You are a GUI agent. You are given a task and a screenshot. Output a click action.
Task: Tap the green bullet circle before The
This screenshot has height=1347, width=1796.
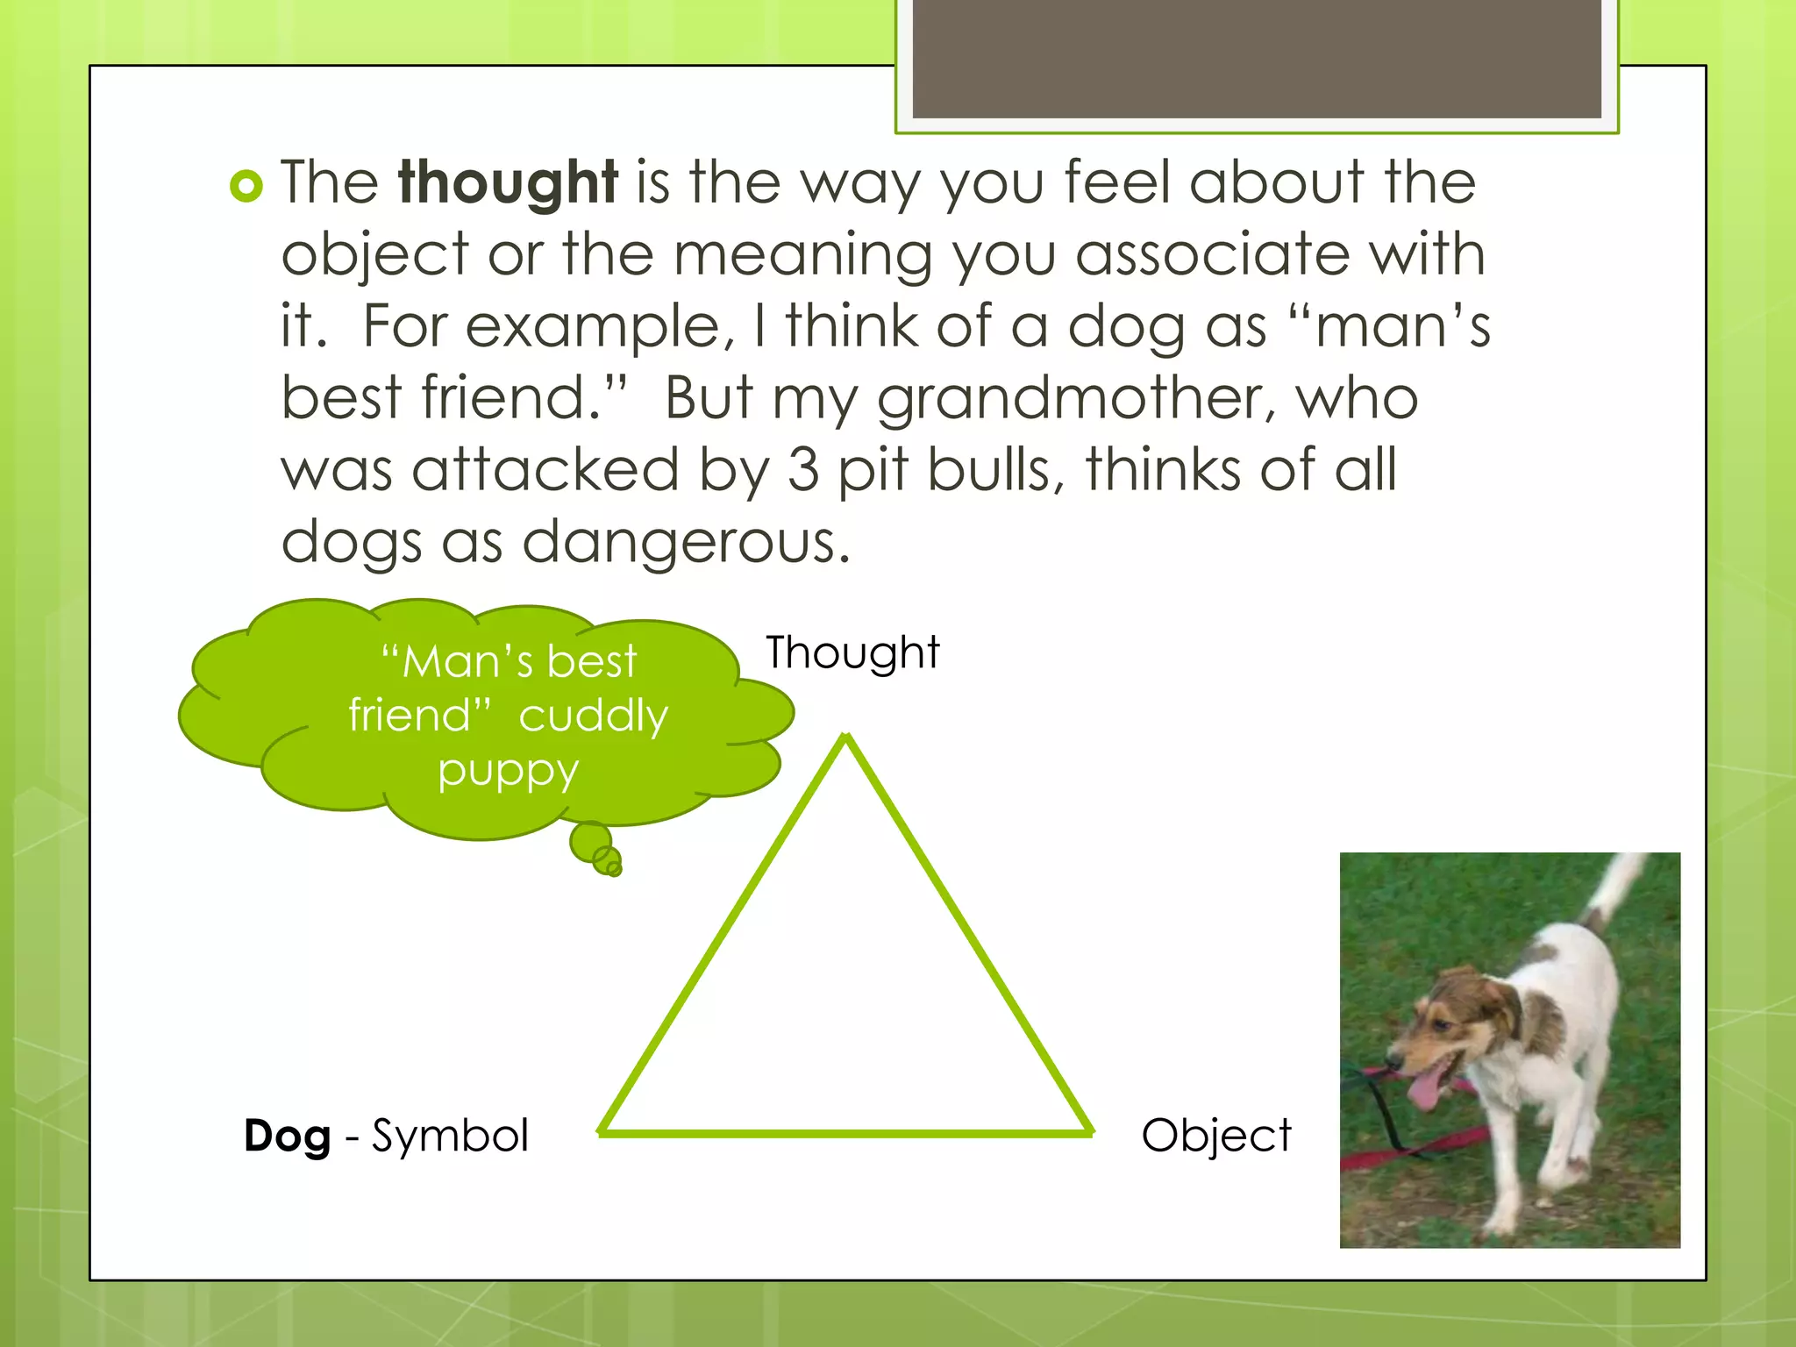coord(246,186)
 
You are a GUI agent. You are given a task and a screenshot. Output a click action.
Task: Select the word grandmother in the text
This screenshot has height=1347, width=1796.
coord(1075,399)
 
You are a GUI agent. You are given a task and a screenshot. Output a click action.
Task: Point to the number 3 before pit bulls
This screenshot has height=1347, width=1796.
coord(802,470)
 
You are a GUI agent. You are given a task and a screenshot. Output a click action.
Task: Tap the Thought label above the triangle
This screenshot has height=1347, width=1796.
coord(852,653)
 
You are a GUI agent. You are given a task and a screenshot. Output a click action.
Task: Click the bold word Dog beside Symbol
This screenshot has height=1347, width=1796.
coord(287,1137)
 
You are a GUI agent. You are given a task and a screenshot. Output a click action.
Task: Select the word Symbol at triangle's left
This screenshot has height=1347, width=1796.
coord(450,1137)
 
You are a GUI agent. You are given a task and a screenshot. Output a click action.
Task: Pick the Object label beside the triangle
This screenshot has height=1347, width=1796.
coord(1215,1137)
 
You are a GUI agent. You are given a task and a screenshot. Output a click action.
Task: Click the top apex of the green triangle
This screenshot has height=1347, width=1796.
coord(846,739)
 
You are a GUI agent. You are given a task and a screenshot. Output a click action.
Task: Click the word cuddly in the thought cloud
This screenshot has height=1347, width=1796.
coord(593,716)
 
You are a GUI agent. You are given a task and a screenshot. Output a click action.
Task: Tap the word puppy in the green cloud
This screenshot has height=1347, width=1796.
coord(509,772)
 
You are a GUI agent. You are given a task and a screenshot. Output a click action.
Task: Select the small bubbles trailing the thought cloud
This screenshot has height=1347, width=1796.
coord(596,849)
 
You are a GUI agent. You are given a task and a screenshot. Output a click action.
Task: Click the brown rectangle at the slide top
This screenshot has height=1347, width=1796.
coord(1256,60)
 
